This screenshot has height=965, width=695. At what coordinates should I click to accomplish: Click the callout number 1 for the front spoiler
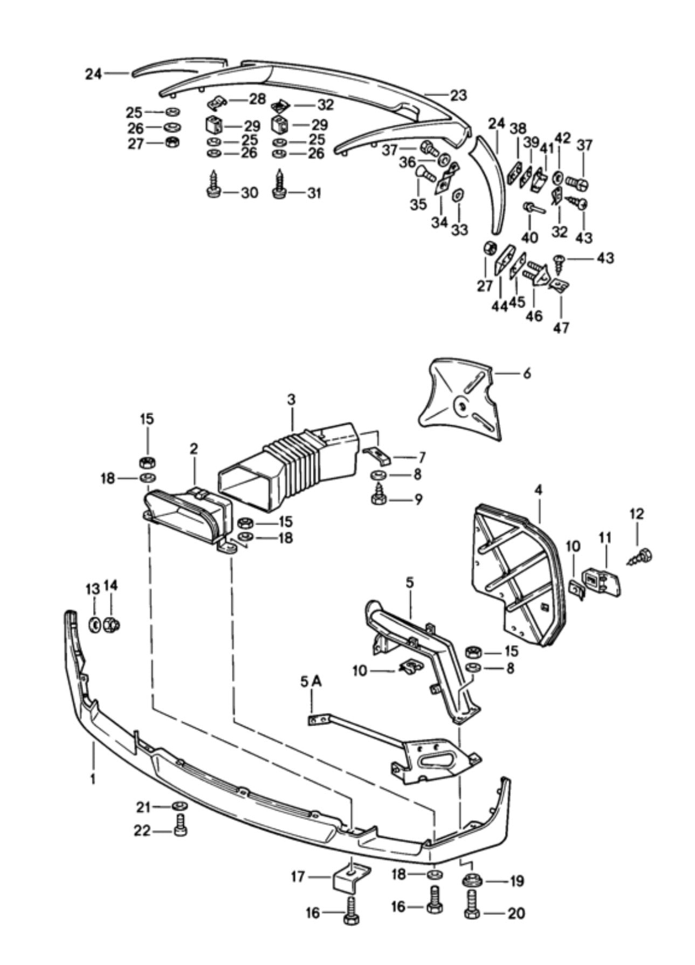[x=93, y=779]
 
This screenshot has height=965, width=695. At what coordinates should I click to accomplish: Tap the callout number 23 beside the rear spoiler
[x=458, y=95]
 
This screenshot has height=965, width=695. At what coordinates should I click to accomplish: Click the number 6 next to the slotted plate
[x=527, y=373]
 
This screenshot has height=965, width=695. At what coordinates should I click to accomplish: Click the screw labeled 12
[x=642, y=556]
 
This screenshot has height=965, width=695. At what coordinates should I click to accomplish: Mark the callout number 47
[x=561, y=327]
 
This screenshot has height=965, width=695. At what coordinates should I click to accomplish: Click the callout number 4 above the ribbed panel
[x=539, y=490]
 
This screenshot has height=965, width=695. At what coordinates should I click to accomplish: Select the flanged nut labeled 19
[x=472, y=881]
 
